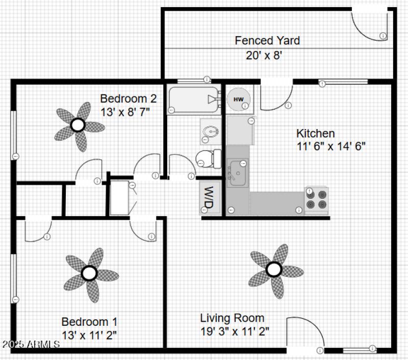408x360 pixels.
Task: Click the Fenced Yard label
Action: [x=267, y=40]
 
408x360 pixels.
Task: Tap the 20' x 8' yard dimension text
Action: [x=264, y=55]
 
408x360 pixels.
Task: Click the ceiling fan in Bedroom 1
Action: [x=90, y=274]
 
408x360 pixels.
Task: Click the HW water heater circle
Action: [x=238, y=98]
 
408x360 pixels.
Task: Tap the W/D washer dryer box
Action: [x=209, y=197]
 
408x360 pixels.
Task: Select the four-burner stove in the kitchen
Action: [x=316, y=199]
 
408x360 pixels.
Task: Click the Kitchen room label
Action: [x=316, y=134]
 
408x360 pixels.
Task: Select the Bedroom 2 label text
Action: [x=128, y=98]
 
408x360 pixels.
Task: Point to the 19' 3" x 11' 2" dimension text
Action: [x=235, y=330]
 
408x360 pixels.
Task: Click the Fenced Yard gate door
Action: [x=369, y=22]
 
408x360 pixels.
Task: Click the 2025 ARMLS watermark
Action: [x=31, y=345]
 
